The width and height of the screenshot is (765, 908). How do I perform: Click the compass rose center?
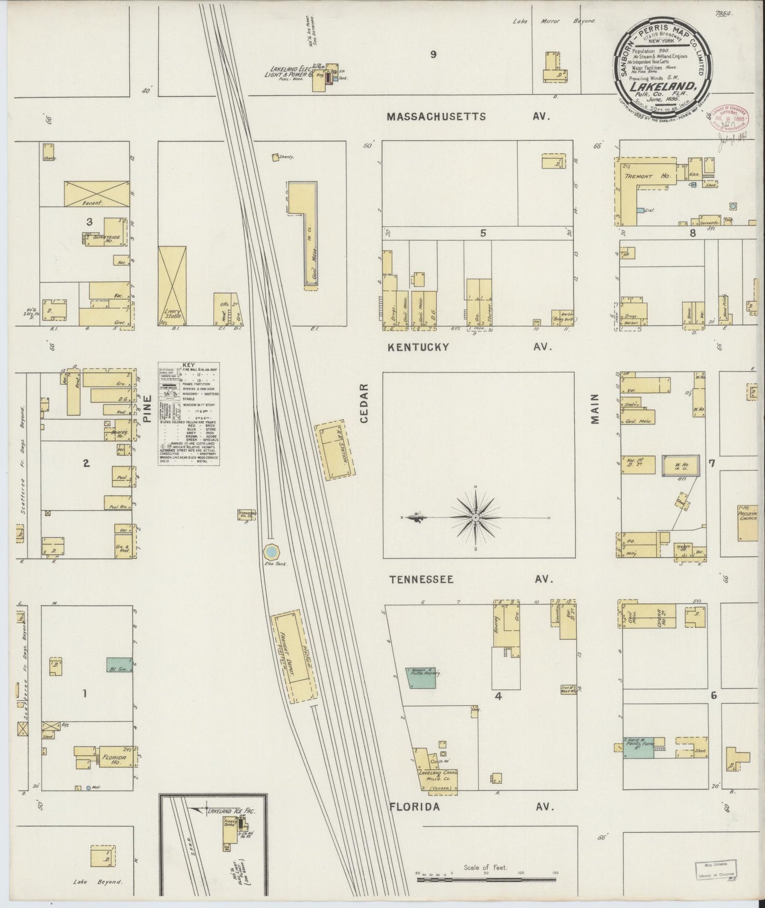click(476, 517)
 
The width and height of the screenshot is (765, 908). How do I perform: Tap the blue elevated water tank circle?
click(271, 552)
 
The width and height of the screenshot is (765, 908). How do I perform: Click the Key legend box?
click(189, 414)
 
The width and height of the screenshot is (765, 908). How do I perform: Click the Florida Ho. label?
click(118, 758)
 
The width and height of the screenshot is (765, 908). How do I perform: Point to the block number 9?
click(433, 54)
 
